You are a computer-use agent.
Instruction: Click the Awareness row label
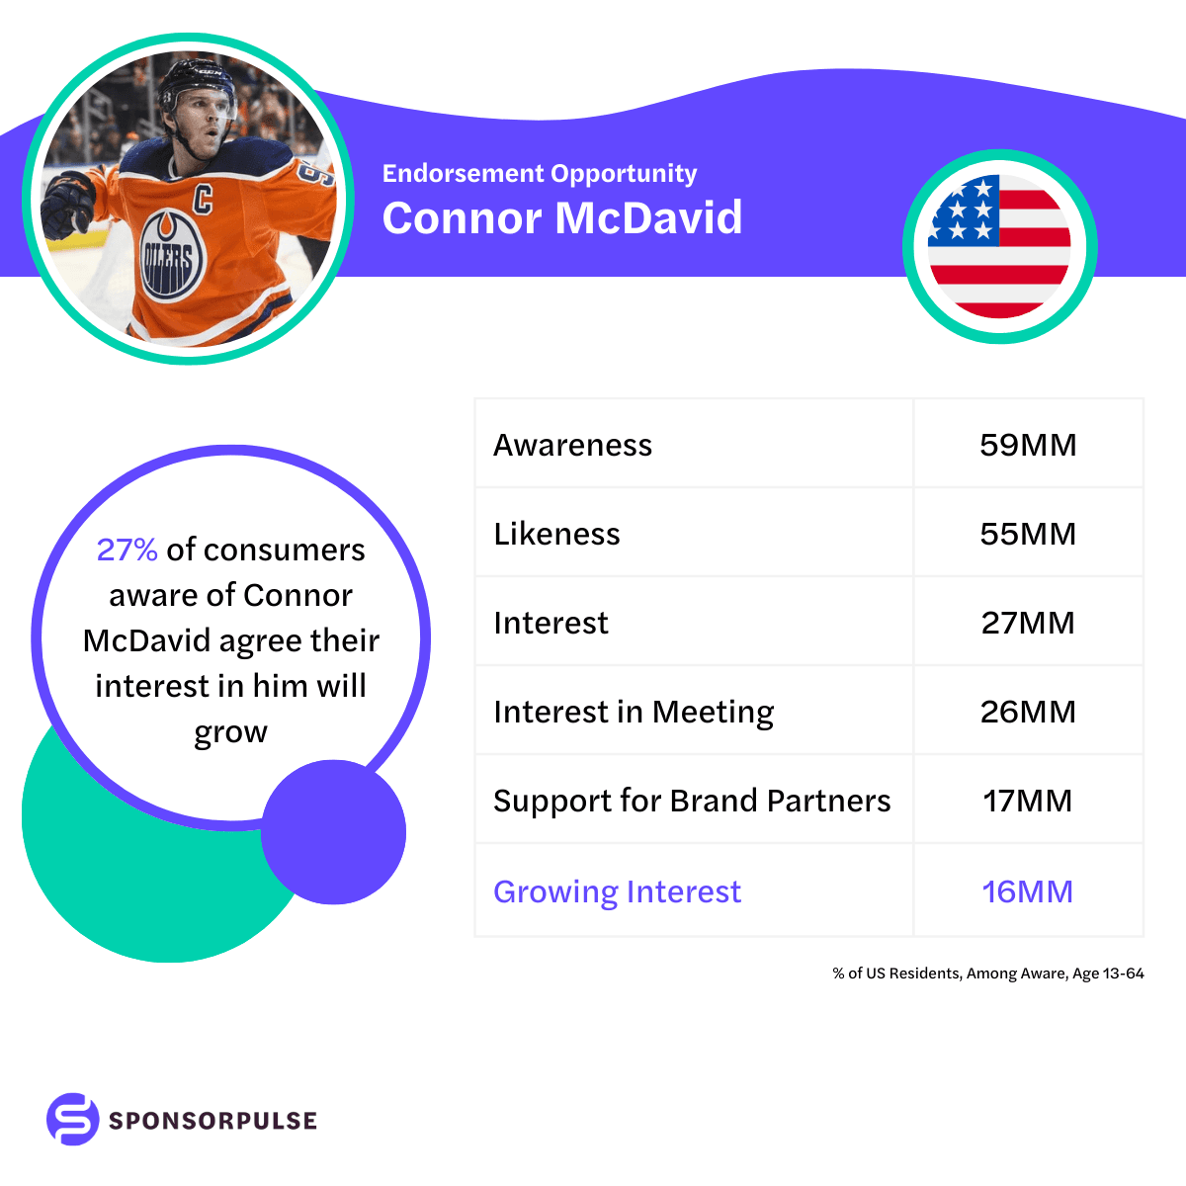(572, 445)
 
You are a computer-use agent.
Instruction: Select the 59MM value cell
(1028, 445)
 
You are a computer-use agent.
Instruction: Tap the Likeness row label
(556, 534)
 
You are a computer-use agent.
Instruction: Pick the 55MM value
(1028, 534)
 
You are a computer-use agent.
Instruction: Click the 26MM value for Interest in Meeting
(1028, 712)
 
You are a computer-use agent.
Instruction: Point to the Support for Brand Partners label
(692, 801)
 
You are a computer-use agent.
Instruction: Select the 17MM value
(1028, 801)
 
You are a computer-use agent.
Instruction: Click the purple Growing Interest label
(617, 891)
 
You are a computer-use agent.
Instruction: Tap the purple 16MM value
(1028, 891)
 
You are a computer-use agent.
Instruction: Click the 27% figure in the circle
(127, 550)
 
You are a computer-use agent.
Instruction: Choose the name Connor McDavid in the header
(561, 218)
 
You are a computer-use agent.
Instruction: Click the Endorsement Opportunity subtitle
(540, 174)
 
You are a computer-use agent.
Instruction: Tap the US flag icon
(999, 247)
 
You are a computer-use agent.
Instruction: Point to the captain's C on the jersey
(203, 199)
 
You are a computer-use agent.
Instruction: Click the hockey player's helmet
(193, 84)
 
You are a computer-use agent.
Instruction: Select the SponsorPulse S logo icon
(73, 1119)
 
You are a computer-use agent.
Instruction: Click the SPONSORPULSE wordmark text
(212, 1121)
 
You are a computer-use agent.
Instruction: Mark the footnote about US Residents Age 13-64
(987, 974)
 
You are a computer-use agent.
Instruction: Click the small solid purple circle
(334, 832)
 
